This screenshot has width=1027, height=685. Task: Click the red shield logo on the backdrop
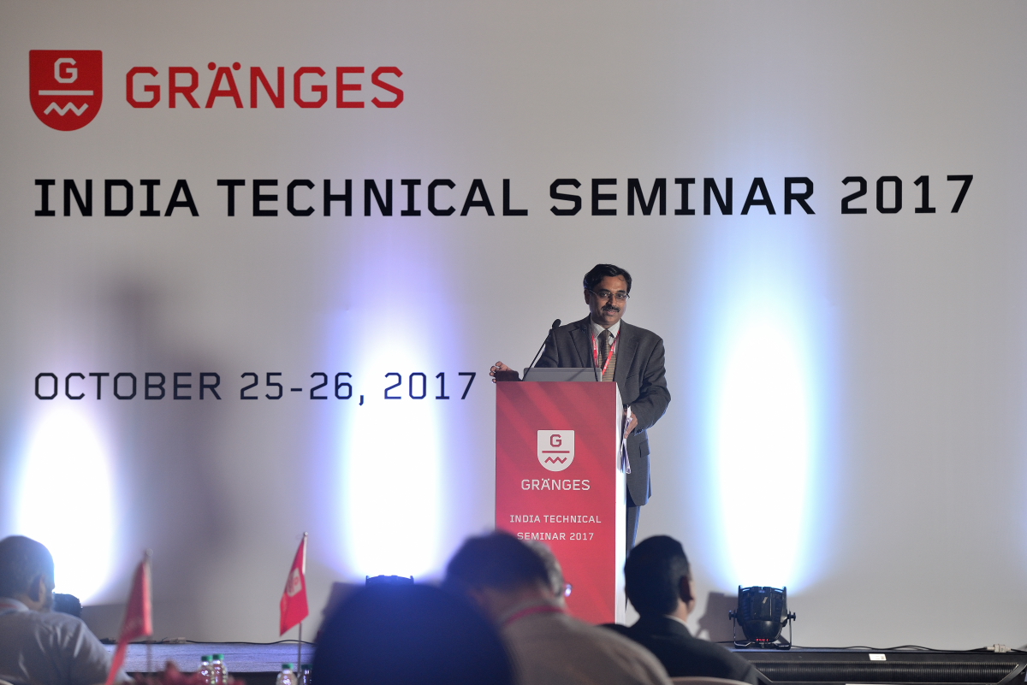(x=66, y=90)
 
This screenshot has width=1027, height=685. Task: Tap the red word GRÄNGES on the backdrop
(x=264, y=86)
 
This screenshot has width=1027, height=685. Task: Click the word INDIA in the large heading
(x=116, y=198)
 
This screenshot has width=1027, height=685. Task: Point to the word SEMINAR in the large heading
(x=682, y=196)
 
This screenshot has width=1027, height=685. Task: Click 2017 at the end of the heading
(x=906, y=195)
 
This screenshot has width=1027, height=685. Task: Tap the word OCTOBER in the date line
(x=128, y=386)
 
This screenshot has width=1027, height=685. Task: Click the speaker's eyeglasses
(x=609, y=295)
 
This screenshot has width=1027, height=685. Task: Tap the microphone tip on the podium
(x=556, y=323)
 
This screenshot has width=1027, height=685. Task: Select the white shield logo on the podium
(x=555, y=451)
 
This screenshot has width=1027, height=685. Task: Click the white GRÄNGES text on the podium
(x=555, y=485)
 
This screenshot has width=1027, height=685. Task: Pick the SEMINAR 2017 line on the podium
(x=555, y=536)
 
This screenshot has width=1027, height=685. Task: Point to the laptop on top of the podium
(x=561, y=375)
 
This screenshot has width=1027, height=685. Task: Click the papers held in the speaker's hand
(x=626, y=440)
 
